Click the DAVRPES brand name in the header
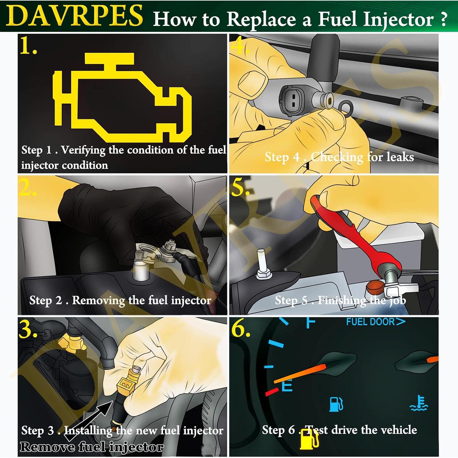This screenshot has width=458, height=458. pyautogui.click(x=74, y=16)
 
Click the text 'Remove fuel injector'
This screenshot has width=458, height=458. pyautogui.click(x=92, y=447)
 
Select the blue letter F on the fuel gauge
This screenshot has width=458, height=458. pyautogui.click(x=311, y=322)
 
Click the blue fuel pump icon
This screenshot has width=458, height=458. pyautogui.click(x=336, y=404)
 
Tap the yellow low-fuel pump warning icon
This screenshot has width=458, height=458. pyautogui.click(x=309, y=441)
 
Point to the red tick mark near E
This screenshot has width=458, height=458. pyautogui.click(x=272, y=392)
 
